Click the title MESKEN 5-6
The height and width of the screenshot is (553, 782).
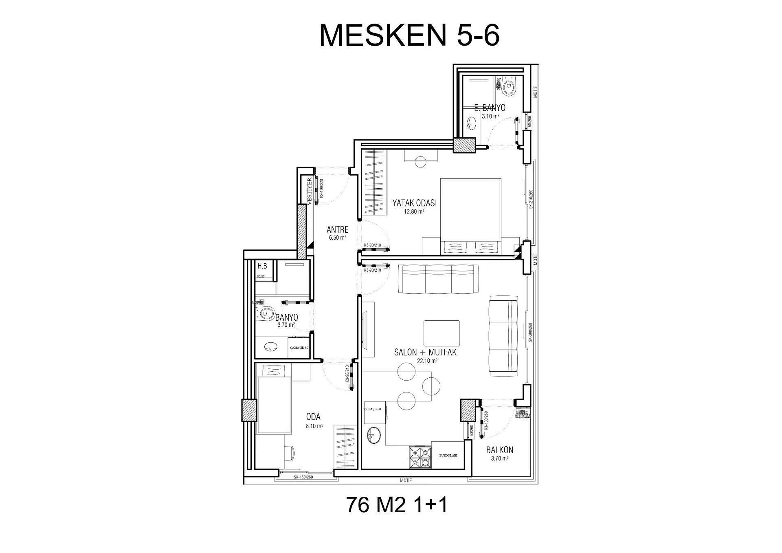click(409, 36)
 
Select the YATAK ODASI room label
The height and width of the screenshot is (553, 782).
click(414, 203)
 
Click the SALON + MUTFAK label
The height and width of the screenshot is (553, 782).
click(425, 353)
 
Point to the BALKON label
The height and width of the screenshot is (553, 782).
click(499, 450)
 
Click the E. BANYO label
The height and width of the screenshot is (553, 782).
click(490, 108)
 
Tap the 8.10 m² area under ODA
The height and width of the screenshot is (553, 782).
click(314, 426)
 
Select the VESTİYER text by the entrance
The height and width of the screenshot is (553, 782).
click(310, 191)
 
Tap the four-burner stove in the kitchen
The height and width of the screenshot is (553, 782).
click(420, 457)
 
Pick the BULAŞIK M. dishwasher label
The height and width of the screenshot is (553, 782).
click(373, 409)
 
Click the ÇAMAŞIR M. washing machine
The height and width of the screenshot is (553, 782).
click(299, 348)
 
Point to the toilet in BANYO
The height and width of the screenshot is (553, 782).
click(266, 314)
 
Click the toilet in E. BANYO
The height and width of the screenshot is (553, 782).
click(508, 87)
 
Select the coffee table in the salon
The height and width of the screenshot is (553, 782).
click(442, 333)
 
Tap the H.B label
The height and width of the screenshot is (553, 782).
click(262, 266)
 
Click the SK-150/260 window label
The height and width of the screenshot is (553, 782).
click(303, 477)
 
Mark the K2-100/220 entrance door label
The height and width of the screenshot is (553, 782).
click(321, 188)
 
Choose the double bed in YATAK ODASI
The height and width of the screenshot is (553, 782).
click(471, 216)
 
